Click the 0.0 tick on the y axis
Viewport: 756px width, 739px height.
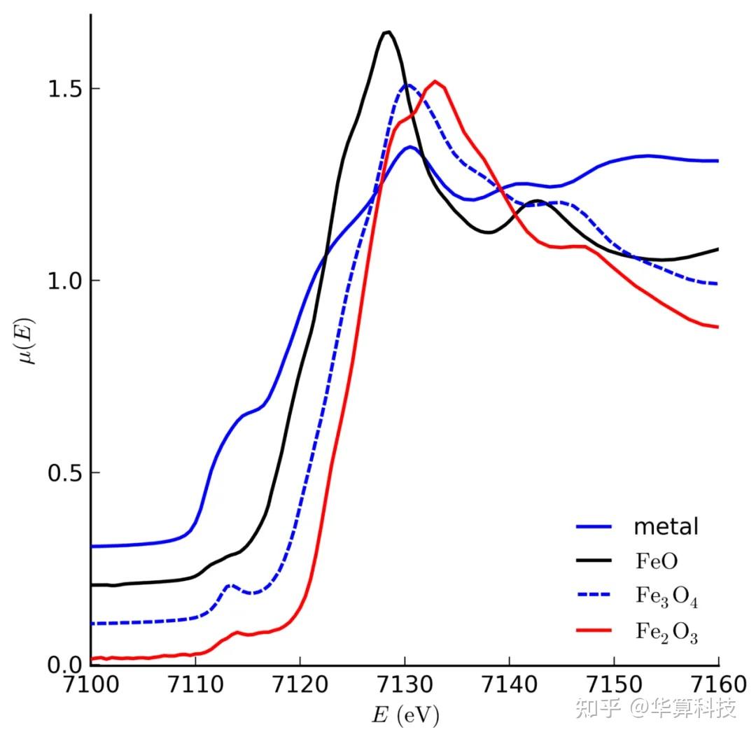(65, 664)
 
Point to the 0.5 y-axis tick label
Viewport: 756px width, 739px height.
(65, 472)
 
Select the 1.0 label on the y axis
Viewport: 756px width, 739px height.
(65, 281)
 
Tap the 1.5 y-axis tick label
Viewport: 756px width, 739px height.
(65, 89)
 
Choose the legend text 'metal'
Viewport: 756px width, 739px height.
(666, 526)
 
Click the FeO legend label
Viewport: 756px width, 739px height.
(657, 561)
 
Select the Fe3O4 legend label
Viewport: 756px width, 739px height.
(666, 597)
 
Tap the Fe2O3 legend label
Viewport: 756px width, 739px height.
(666, 633)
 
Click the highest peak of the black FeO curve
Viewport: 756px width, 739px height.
(386, 31)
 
